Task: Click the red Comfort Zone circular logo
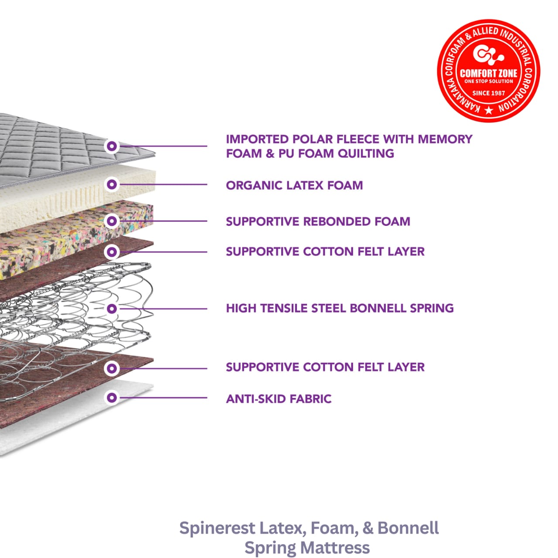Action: coord(488,71)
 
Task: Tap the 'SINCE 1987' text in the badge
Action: coord(488,93)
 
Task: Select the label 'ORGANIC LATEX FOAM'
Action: coord(294,185)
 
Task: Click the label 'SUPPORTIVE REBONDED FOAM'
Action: coord(318,221)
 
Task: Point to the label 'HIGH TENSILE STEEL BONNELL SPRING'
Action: coord(340,308)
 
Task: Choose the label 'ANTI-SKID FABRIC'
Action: coord(279,399)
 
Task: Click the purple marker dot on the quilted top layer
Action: coord(112,146)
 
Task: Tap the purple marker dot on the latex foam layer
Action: coord(112,184)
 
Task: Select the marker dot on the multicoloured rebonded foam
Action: coord(112,221)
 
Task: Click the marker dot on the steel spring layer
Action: coord(112,309)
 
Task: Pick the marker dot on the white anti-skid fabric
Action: coord(112,398)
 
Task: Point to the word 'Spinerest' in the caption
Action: coord(217,528)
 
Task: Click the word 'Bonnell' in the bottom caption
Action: coord(408,528)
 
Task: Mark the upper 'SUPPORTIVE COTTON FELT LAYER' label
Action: coord(325,252)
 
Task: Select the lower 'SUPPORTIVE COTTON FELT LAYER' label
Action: coord(325,367)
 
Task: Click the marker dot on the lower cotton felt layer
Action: coord(112,368)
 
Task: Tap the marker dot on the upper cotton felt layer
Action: coord(112,252)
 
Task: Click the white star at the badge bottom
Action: coord(489,110)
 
